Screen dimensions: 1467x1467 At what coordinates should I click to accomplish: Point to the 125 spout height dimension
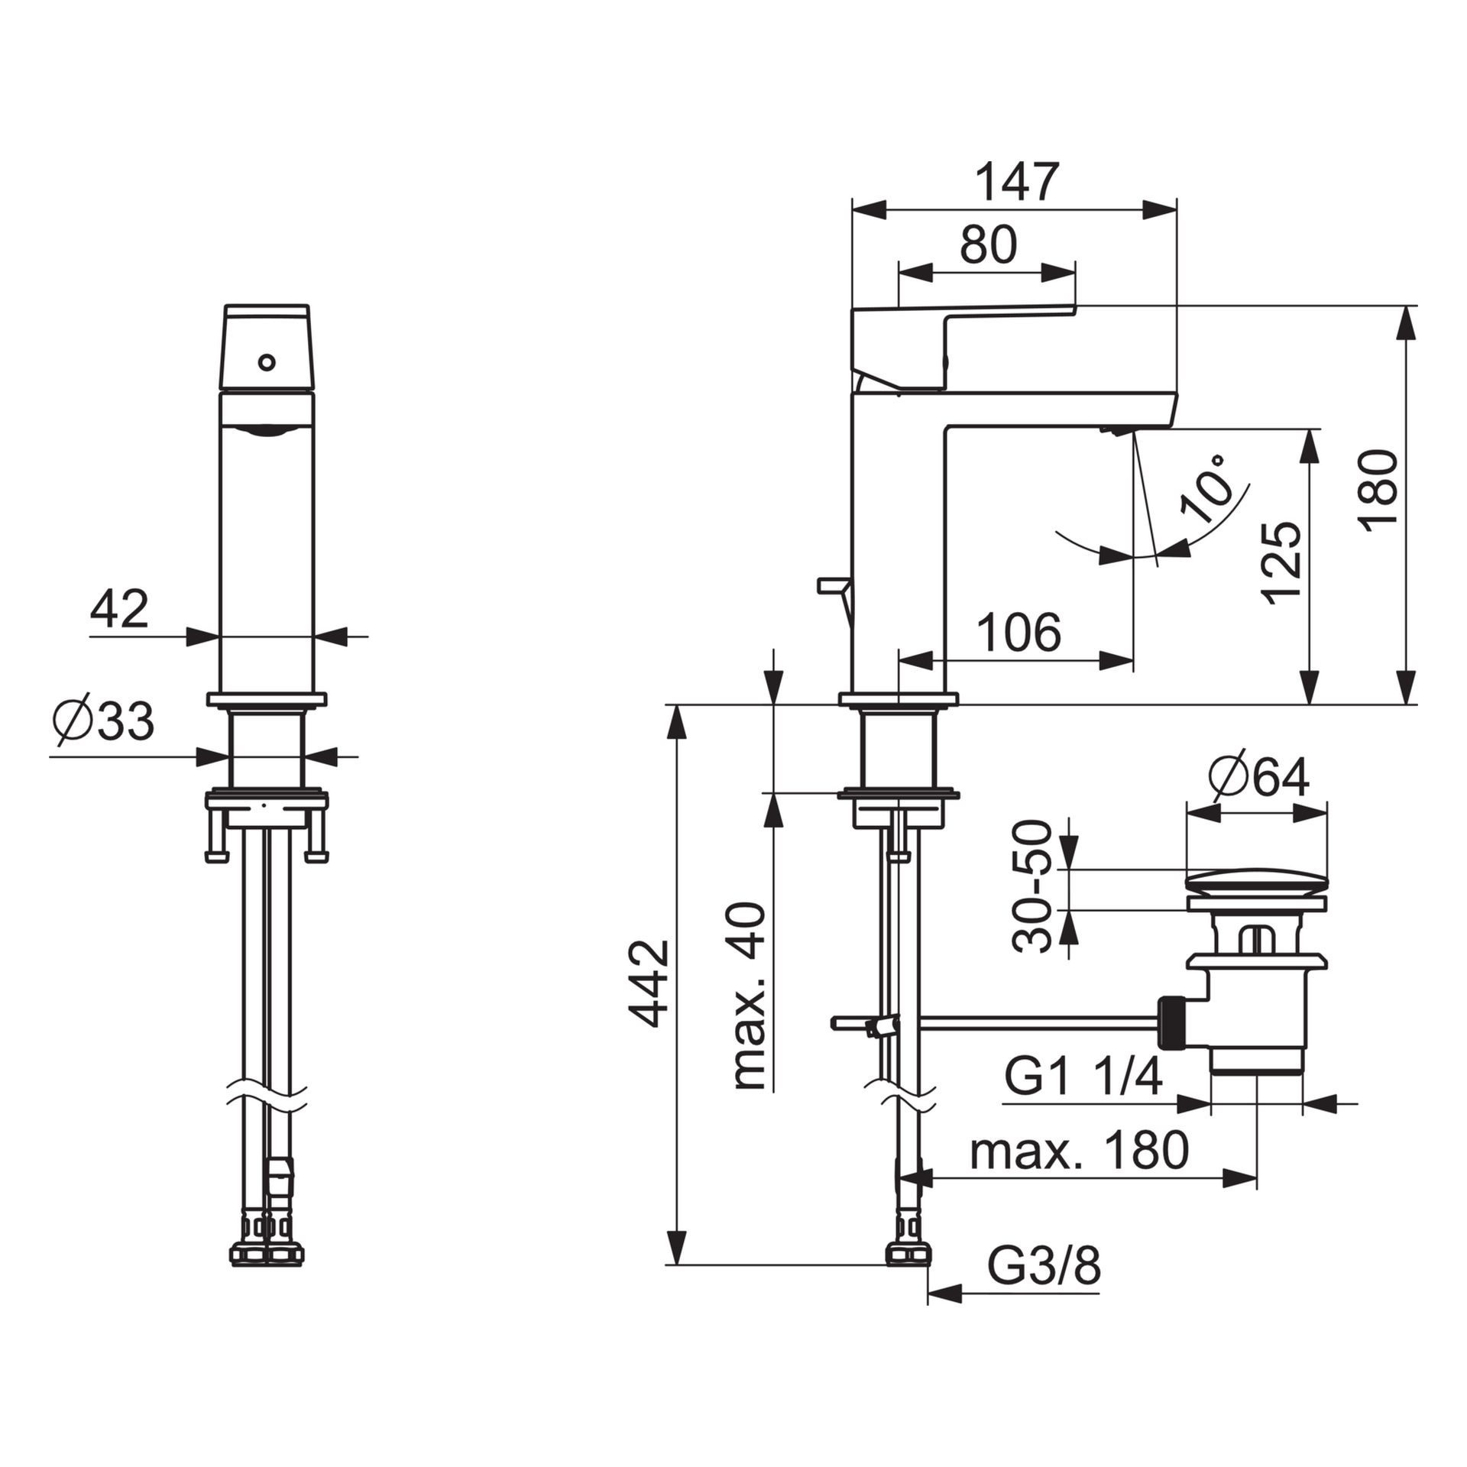[x=1283, y=562]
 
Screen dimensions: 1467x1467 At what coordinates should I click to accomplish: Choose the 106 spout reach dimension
[x=1020, y=632]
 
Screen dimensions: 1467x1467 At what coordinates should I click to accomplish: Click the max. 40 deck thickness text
[x=749, y=996]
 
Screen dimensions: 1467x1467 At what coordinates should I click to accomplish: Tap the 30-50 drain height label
[x=1032, y=886]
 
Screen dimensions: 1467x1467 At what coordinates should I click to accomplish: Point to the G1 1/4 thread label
[x=1083, y=1078]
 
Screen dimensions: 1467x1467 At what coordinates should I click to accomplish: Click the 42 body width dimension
[x=119, y=610]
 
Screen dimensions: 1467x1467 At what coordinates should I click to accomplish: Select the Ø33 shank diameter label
[x=103, y=720]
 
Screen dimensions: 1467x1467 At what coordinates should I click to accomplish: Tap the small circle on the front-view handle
[x=267, y=361]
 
